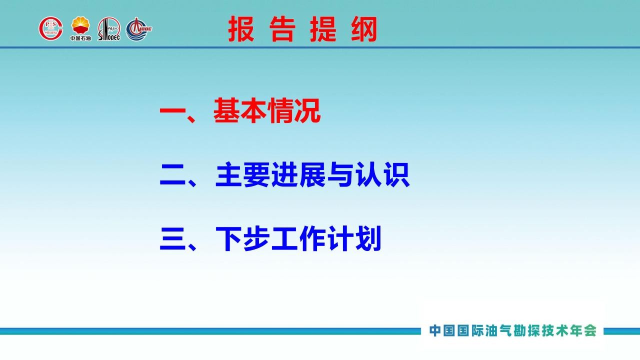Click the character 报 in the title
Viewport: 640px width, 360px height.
pos(241,29)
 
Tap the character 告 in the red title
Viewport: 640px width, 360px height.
pos(282,29)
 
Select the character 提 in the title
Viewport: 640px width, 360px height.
pos(323,29)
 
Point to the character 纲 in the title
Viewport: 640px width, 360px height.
pos(364,29)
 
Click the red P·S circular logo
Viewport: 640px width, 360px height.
pos(51,28)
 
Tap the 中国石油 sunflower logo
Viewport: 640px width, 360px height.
pos(80,28)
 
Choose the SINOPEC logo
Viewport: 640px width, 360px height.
pos(109,29)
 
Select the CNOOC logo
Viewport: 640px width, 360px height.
pos(139,29)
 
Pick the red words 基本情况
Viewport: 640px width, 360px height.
pos(267,110)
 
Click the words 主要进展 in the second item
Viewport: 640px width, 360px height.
pos(270,174)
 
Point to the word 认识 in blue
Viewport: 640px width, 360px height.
pos(382,174)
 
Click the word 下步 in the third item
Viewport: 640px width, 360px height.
pos(242,238)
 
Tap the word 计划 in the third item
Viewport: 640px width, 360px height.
pos(354,238)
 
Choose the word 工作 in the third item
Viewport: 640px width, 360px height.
pos(298,238)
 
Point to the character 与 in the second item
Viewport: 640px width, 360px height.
pos(339,174)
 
